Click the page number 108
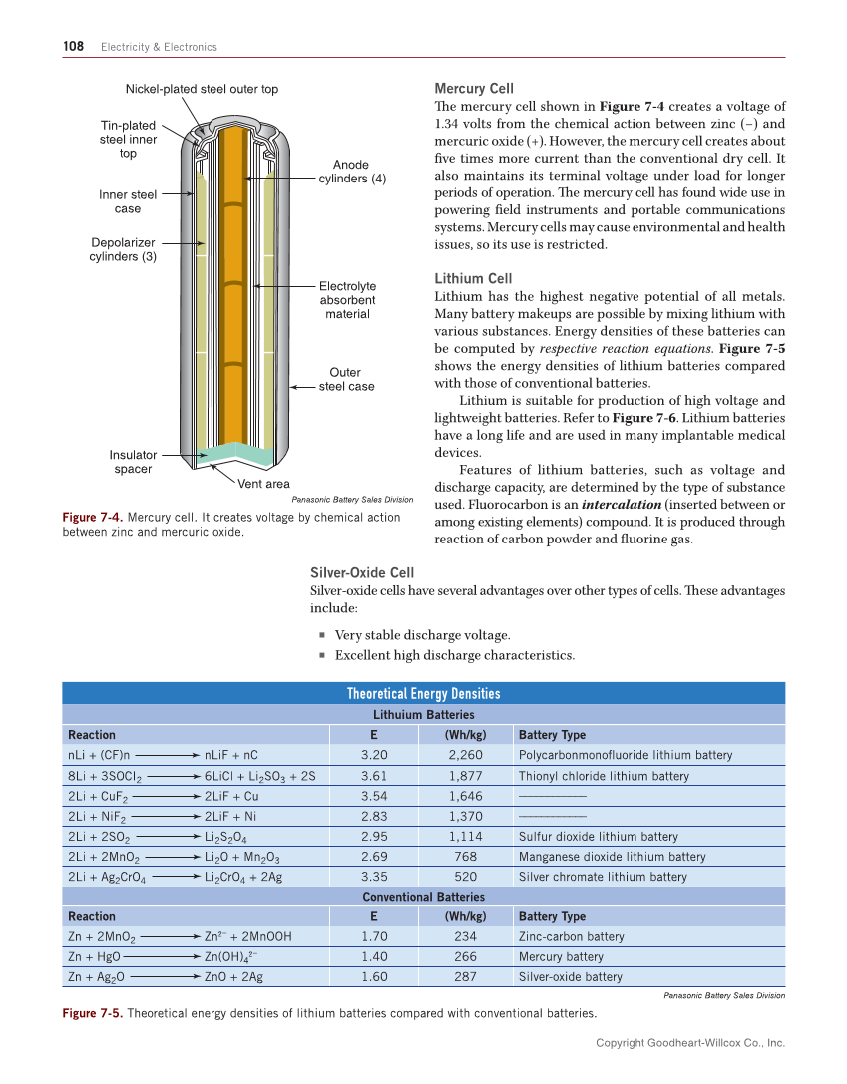point(73,46)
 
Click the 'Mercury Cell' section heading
point(474,89)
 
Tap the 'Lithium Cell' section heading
point(473,278)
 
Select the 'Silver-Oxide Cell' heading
point(362,572)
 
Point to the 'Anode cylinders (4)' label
point(352,172)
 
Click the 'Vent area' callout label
point(264,484)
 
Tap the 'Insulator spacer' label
point(133,462)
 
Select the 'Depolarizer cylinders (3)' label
point(123,249)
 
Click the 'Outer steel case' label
point(346,379)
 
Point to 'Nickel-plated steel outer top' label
point(202,89)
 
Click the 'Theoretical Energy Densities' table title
point(423,694)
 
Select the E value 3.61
point(373,776)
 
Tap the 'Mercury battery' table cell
point(561,957)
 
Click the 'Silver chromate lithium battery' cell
point(603,877)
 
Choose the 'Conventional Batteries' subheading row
point(423,897)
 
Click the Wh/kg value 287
point(465,977)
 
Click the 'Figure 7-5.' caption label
point(93,1014)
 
